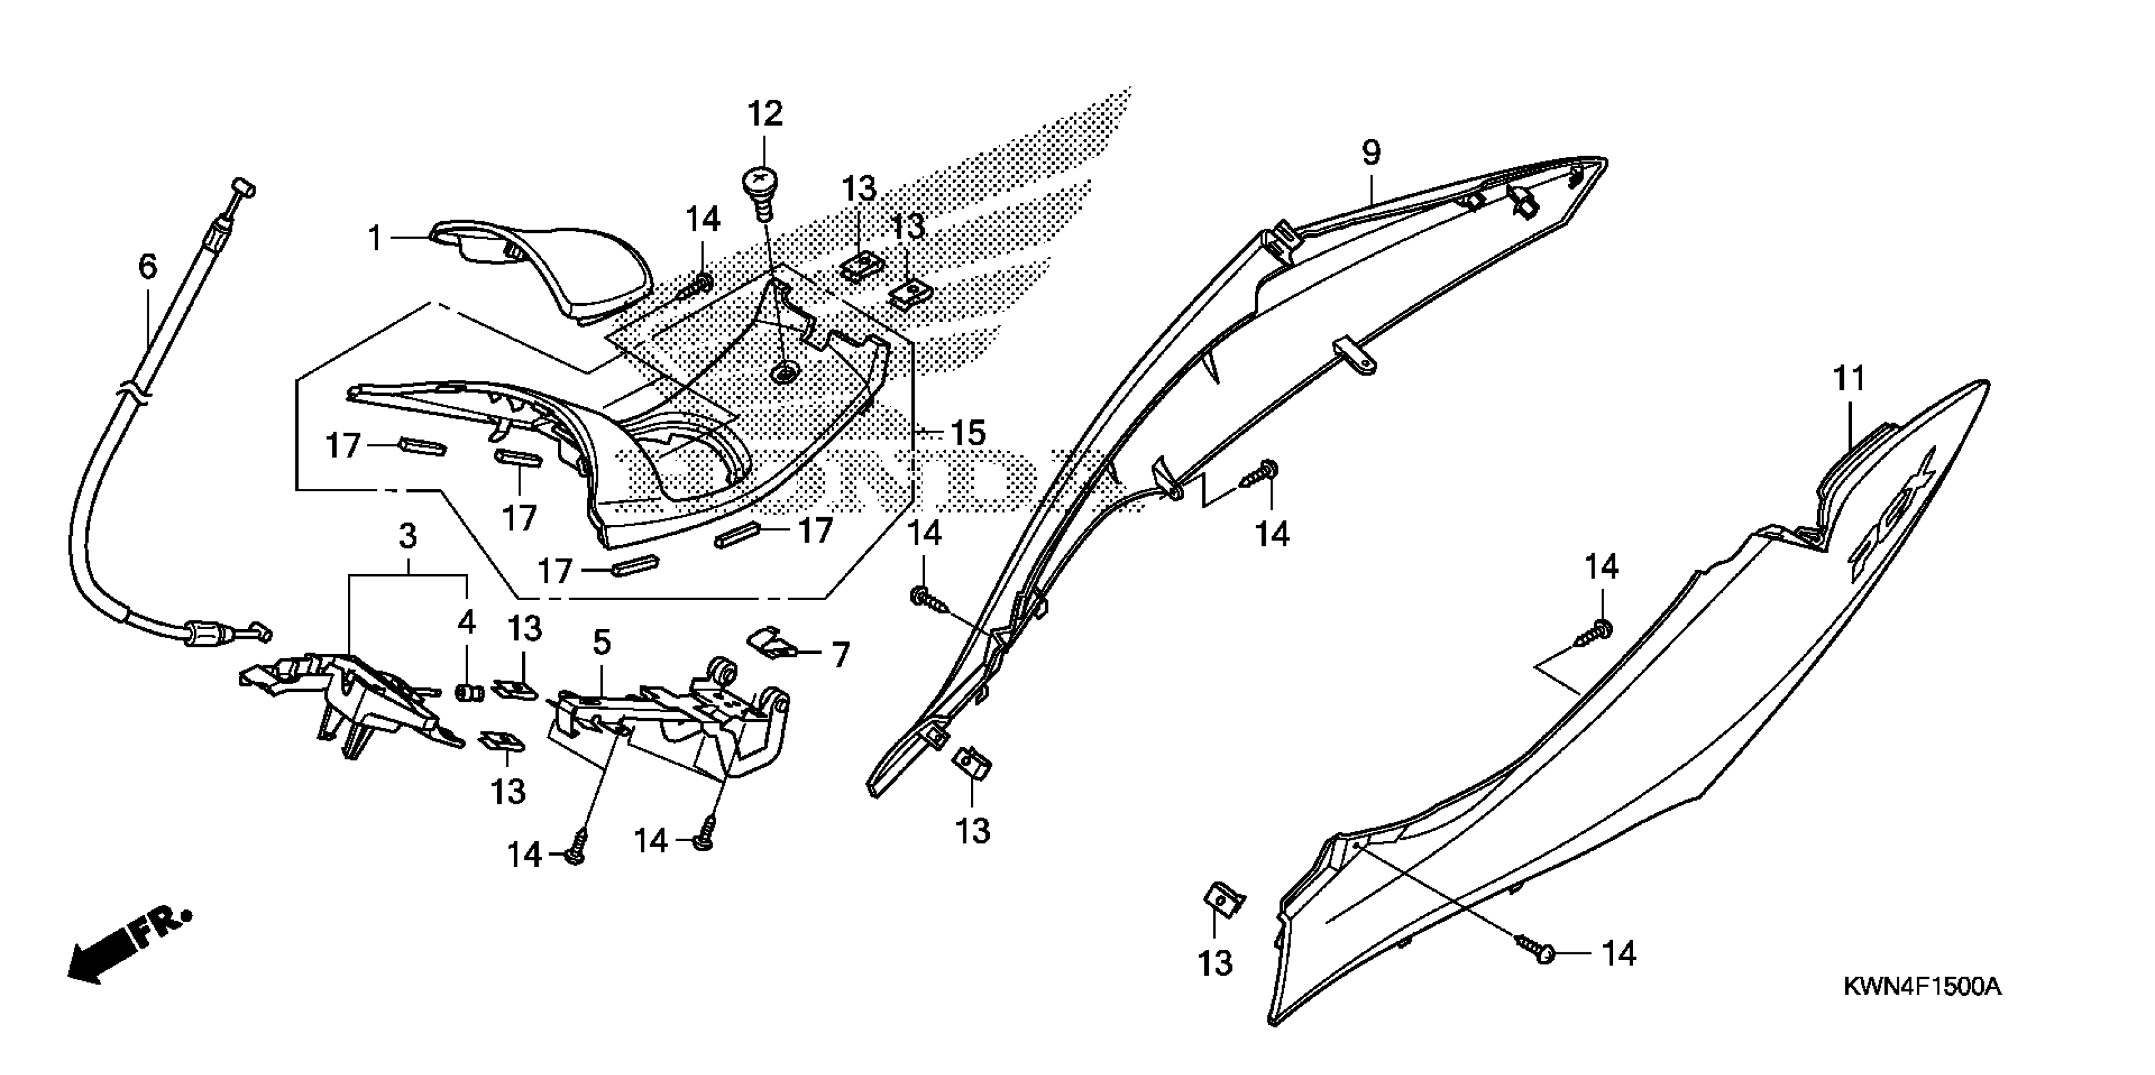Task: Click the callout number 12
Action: point(765,114)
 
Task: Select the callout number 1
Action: point(376,239)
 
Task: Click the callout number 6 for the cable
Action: point(147,267)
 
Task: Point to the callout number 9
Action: point(1371,152)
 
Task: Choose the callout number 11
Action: point(1849,379)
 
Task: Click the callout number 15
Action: point(968,433)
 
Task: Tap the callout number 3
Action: point(407,536)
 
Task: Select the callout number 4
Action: point(466,622)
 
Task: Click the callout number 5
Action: point(602,642)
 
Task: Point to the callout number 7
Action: point(840,654)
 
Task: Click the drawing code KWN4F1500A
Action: point(1922,987)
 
